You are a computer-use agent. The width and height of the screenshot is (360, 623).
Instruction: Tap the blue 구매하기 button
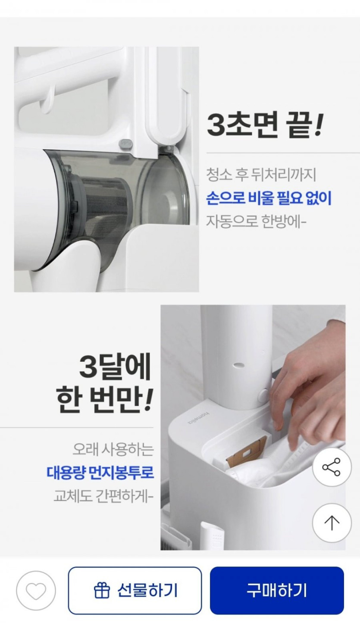pos(277,590)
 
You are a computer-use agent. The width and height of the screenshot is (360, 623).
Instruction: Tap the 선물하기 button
pos(135,590)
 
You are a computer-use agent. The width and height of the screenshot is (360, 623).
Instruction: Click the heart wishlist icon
pos(36,591)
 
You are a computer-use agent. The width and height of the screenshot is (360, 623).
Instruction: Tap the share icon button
pos(332,467)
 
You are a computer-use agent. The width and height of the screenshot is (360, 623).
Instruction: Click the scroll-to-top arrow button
pos(332,523)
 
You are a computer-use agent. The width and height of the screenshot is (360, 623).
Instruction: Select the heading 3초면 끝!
pos(265,125)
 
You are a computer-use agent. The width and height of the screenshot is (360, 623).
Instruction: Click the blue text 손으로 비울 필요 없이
pos(269,199)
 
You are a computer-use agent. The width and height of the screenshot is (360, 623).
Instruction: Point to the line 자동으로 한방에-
pos(256,222)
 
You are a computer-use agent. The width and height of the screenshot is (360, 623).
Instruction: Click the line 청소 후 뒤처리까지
pos(261,175)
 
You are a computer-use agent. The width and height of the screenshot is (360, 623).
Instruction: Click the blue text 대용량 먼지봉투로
pos(100,472)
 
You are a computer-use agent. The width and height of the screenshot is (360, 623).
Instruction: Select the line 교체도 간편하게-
pos(103,496)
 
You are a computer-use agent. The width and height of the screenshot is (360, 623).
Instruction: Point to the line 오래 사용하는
pos(113,449)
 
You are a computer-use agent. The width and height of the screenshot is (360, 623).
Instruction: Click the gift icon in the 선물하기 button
pos(102,591)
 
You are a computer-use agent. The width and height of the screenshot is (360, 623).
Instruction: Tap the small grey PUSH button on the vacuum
pos(126,144)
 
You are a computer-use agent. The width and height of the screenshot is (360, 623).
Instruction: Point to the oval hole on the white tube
pos(239,365)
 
